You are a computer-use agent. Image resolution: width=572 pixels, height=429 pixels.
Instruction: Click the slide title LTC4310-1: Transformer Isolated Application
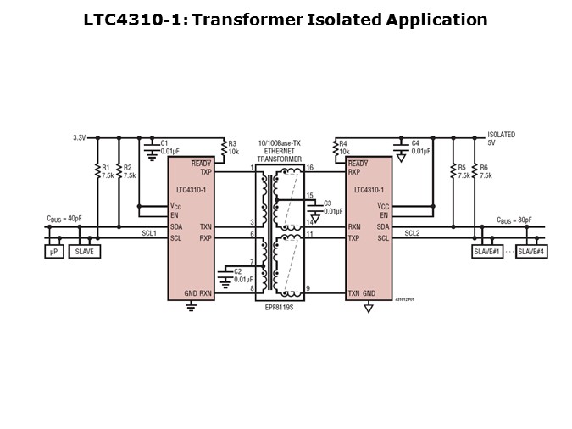click(x=286, y=19)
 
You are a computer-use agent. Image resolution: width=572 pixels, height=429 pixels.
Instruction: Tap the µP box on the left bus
click(x=53, y=251)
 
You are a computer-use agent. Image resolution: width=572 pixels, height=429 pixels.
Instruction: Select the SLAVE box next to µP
click(x=83, y=251)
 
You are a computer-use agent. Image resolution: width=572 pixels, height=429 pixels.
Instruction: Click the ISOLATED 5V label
click(x=501, y=138)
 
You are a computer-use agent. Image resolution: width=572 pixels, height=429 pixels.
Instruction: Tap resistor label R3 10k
click(x=234, y=148)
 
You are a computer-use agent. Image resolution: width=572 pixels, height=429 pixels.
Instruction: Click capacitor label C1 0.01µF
click(x=170, y=147)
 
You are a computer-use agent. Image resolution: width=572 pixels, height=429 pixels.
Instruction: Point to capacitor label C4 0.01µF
click(x=421, y=147)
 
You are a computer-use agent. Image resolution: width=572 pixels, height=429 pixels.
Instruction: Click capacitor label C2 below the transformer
click(x=243, y=275)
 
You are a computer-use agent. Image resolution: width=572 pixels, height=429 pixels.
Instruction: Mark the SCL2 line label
click(x=411, y=233)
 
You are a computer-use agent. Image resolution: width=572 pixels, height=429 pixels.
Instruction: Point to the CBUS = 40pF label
click(x=64, y=219)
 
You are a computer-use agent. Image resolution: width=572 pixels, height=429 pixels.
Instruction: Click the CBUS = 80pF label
click(x=514, y=219)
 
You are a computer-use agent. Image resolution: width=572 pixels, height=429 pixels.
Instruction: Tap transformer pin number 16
click(x=309, y=168)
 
